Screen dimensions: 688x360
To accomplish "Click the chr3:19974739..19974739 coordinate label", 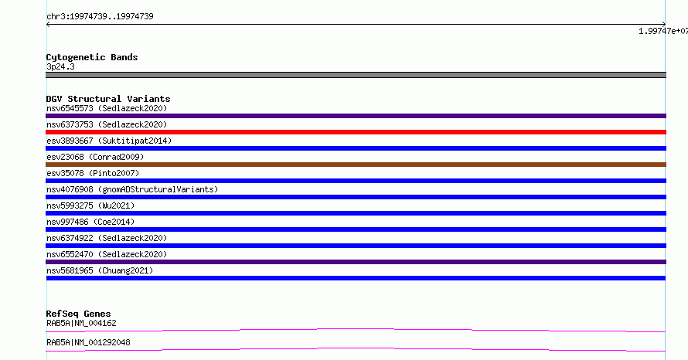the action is click(x=100, y=17).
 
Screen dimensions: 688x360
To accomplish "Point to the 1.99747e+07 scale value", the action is click(x=663, y=31).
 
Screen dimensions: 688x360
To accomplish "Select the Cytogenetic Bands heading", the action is click(x=92, y=57).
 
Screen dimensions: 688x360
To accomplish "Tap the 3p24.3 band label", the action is click(x=60, y=67).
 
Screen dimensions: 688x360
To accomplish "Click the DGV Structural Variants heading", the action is click(x=108, y=99).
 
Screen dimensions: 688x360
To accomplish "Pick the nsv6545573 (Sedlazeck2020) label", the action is click(x=107, y=109).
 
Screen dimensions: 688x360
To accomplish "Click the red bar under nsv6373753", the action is click(x=356, y=132).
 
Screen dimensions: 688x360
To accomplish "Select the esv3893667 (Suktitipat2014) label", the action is click(x=109, y=141).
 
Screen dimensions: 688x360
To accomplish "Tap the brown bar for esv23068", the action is click(x=356, y=165).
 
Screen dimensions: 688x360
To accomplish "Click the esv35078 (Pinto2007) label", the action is click(x=93, y=174).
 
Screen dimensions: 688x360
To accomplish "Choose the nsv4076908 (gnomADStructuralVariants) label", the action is click(x=132, y=190).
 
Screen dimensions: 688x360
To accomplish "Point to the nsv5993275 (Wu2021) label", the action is click(x=90, y=206).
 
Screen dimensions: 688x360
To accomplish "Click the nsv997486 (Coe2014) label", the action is click(x=90, y=222).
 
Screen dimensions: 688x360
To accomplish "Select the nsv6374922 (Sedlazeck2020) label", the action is click(x=107, y=239).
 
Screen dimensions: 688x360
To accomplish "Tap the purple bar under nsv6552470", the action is click(x=356, y=262).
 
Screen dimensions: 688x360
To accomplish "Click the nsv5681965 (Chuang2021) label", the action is click(x=100, y=271).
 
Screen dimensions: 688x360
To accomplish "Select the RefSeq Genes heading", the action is click(x=79, y=314).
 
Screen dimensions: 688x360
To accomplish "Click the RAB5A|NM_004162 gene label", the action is click(x=81, y=324).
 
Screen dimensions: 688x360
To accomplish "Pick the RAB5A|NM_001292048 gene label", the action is click(x=88, y=343).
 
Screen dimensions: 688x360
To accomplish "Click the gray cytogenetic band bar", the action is click(x=356, y=75).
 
